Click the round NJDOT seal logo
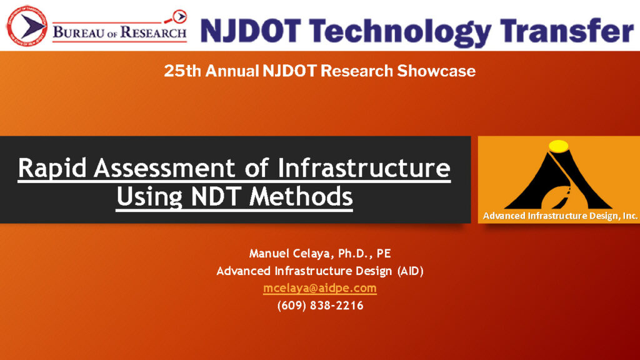click(x=27, y=25)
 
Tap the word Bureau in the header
click(x=78, y=32)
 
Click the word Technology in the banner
click(x=400, y=31)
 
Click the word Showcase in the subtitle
click(x=436, y=71)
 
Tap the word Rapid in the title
click(x=52, y=168)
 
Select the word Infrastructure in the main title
click(x=364, y=167)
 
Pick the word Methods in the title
click(x=301, y=196)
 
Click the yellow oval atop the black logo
click(x=558, y=146)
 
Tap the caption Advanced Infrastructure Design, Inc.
click(x=561, y=216)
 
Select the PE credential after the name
click(x=384, y=254)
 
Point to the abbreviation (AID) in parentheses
click(x=410, y=271)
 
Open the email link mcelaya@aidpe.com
click(x=320, y=288)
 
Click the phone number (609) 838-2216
click(x=321, y=306)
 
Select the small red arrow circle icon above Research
click(x=179, y=17)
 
